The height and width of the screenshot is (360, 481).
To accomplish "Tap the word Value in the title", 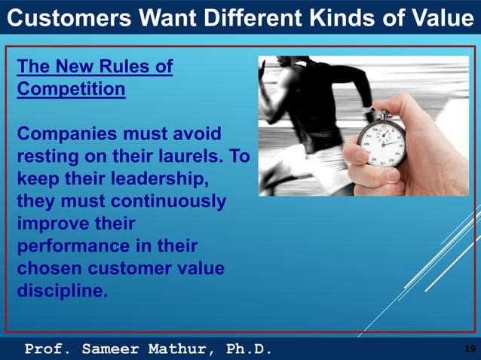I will pyautogui.click(x=440, y=17).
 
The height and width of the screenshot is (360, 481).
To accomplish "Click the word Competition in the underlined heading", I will pyautogui.click(x=71, y=90).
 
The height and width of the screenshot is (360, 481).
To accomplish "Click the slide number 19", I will pyautogui.click(x=468, y=348).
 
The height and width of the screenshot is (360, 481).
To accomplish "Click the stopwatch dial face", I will pyautogui.click(x=381, y=142).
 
